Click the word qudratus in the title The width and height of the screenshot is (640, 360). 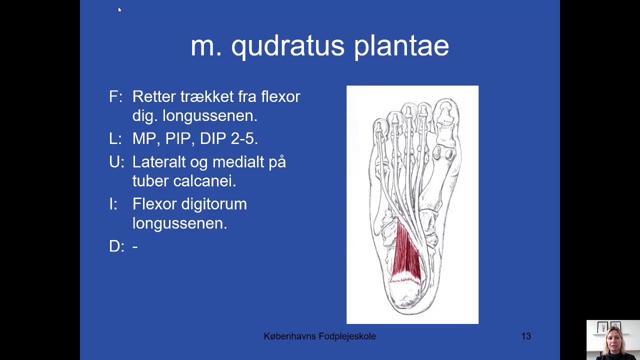point(287,46)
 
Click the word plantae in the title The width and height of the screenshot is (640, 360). point(401,46)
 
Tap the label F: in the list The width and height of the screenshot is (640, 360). point(115,96)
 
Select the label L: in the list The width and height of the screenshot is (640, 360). point(115,138)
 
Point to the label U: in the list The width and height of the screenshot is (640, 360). point(116,162)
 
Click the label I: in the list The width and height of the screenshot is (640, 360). point(113,204)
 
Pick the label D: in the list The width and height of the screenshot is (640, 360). point(116,246)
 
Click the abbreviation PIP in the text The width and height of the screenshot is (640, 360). point(178,138)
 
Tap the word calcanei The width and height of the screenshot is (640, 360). point(204,181)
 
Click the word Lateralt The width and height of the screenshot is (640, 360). point(164,162)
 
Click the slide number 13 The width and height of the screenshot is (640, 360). point(526,336)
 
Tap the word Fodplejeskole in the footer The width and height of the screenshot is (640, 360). point(347,336)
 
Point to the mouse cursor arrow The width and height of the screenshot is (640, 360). point(119,9)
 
